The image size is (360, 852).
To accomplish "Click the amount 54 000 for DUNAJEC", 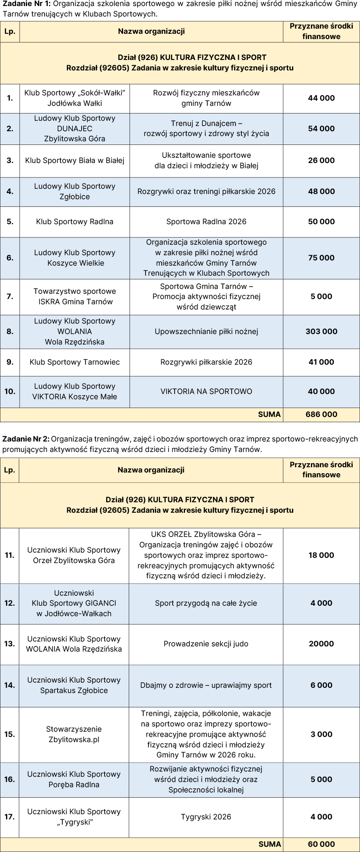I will click(x=321, y=129).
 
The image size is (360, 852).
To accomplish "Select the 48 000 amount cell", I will click(x=321, y=192).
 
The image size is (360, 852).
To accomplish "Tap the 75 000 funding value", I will click(x=321, y=258).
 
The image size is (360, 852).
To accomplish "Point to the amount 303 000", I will click(x=321, y=332).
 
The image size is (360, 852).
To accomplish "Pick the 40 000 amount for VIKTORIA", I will click(x=321, y=392).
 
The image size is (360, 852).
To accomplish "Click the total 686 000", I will click(x=321, y=415).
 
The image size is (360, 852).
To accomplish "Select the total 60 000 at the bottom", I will click(x=321, y=844).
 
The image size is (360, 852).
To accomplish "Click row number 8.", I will click(x=10, y=332).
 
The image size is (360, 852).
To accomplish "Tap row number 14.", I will click(x=9, y=685).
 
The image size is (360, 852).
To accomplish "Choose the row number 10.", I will click(x=10, y=392).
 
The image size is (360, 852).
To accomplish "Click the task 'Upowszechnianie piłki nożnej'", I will click(x=206, y=332).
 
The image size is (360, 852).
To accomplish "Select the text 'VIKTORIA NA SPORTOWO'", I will click(x=206, y=392).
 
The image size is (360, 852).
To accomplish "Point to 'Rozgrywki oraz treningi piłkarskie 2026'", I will click(x=206, y=192).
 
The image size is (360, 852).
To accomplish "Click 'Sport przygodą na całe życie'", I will click(x=206, y=603).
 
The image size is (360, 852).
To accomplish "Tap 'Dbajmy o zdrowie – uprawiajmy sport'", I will click(x=206, y=685).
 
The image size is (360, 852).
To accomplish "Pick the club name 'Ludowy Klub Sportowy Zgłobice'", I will click(x=74, y=192).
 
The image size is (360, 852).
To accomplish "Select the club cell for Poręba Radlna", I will click(x=74, y=780).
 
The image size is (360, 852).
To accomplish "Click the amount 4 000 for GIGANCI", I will click(x=321, y=603).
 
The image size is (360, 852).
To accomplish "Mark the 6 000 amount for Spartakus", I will click(x=321, y=685).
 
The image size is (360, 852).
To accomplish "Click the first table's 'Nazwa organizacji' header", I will click(x=151, y=31).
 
